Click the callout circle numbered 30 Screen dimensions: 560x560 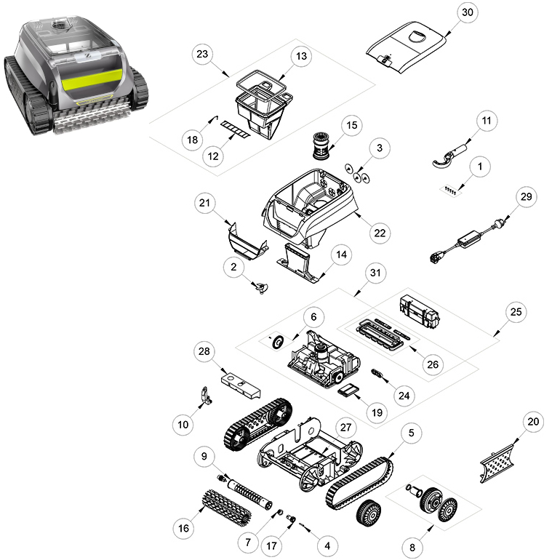[467, 12]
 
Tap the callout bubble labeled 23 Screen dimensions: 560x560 [202, 54]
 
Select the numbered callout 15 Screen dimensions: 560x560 [352, 125]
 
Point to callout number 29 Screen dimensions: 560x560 [526, 197]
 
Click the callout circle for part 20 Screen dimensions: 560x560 [533, 422]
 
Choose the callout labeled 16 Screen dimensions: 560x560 [183, 528]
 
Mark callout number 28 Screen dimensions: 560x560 [204, 351]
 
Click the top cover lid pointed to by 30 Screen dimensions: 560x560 [407, 47]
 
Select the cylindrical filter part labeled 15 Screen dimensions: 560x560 [323, 145]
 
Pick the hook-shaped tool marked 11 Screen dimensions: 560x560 [451, 156]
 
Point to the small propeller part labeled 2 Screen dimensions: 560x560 [261, 287]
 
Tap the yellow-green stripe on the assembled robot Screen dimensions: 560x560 [91, 81]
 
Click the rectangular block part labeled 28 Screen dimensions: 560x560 [241, 385]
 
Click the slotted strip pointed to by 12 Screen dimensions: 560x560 [236, 129]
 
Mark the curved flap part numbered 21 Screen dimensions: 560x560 [247, 241]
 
